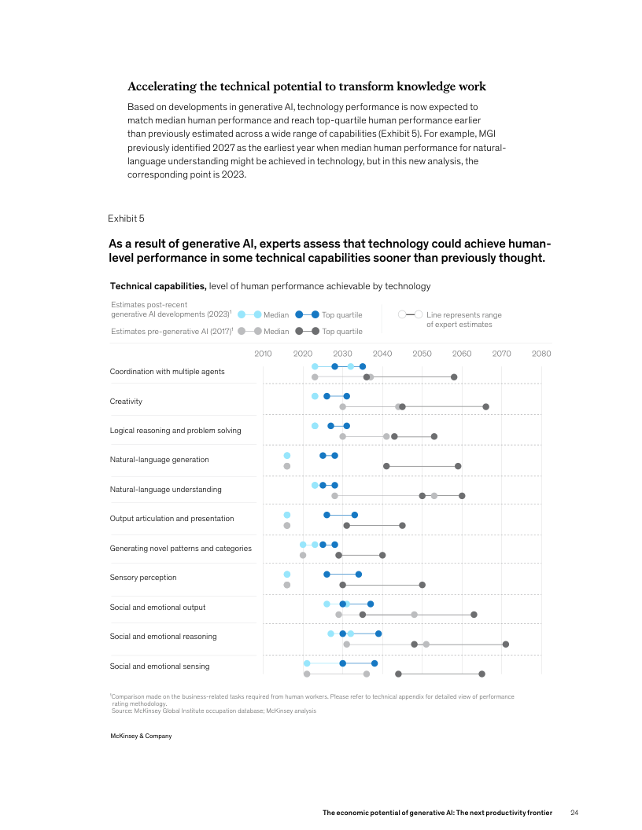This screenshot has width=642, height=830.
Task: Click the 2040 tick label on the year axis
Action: tap(382, 354)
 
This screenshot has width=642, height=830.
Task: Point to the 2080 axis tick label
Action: tap(541, 354)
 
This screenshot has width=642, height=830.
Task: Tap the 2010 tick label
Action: tap(263, 354)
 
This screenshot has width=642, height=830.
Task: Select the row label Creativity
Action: tap(126, 402)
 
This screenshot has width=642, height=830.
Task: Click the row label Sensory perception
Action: tap(143, 578)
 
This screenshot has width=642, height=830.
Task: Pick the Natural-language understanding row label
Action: tap(165, 490)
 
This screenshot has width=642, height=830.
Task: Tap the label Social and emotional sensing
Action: tap(160, 667)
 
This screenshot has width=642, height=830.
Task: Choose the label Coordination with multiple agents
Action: tap(167, 372)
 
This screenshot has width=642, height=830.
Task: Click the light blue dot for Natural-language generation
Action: tap(287, 456)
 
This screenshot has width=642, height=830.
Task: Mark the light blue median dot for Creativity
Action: tap(315, 396)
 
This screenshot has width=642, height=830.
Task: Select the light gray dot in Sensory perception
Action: tap(287, 585)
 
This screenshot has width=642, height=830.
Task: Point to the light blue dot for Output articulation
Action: tap(287, 515)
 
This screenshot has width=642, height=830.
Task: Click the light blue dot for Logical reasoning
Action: tap(315, 426)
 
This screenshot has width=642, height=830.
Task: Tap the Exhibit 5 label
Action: tap(126, 218)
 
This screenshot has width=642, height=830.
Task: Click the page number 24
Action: tap(574, 812)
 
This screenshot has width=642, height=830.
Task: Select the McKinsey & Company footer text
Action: tap(141, 736)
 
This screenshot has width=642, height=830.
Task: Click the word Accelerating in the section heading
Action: tap(162, 86)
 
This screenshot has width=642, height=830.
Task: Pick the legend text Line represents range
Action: tap(464, 315)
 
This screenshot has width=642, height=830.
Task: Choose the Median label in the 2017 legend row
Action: tap(276, 332)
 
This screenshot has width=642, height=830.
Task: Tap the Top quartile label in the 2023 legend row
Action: tap(342, 315)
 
